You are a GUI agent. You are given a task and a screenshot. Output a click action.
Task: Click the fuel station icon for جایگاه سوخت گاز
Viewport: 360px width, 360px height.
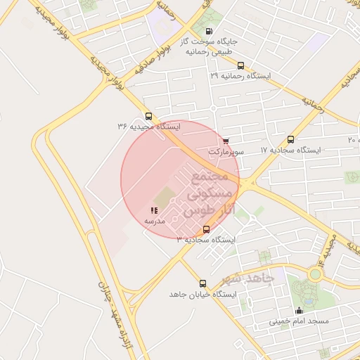208,31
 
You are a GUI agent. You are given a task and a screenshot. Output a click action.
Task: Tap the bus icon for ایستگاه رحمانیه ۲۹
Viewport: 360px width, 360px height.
241,65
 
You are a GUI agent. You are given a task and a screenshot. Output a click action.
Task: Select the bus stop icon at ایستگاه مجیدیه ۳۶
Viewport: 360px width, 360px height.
148,117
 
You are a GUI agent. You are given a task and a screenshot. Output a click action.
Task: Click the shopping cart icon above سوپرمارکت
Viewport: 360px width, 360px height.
226,141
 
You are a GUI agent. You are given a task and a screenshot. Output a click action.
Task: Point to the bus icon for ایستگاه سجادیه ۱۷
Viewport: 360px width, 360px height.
291,140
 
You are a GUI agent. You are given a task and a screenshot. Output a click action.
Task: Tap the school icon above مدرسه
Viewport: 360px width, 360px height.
154,210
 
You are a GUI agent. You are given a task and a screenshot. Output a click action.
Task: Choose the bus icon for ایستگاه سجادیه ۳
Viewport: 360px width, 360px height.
206,229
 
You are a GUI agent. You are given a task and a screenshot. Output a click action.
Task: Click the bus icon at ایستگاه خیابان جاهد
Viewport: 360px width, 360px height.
203,283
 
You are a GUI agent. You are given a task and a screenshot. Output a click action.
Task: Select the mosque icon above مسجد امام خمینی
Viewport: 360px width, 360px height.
300,311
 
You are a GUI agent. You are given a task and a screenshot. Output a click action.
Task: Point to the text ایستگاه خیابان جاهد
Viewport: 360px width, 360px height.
200,294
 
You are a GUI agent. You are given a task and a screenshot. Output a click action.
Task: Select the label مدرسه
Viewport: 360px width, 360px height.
155,221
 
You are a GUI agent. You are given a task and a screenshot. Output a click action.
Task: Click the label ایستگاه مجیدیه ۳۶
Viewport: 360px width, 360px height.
148,127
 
